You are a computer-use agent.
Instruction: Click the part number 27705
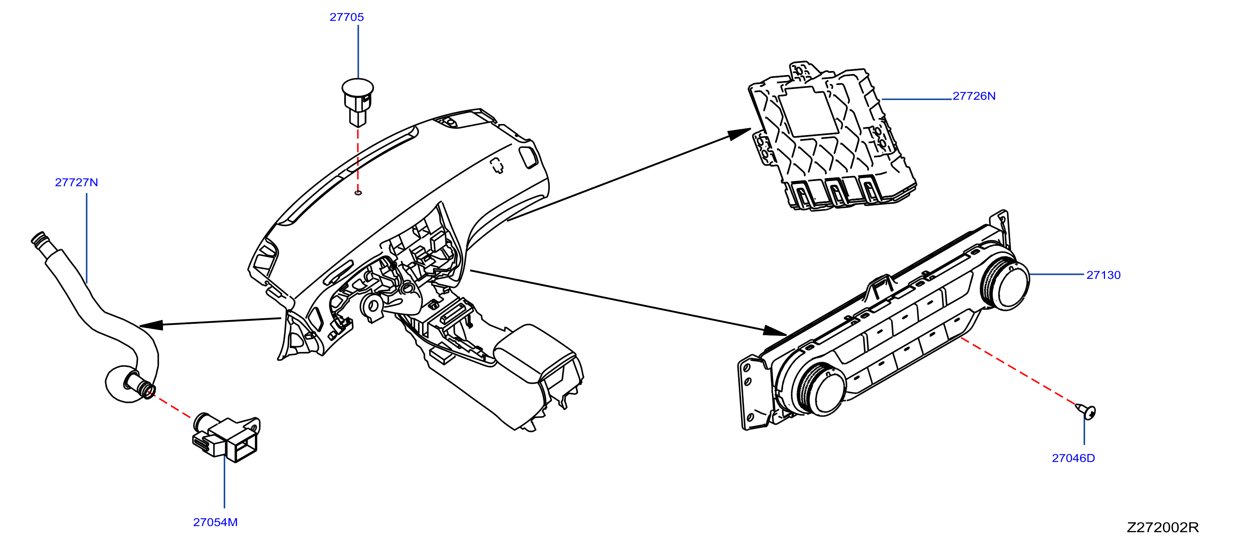click(x=346, y=17)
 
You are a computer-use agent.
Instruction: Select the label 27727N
click(x=77, y=182)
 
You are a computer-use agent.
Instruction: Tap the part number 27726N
click(x=974, y=96)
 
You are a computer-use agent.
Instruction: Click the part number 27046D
click(x=1073, y=458)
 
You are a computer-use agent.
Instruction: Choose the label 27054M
click(x=215, y=522)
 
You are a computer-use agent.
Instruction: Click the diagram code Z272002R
click(x=1163, y=527)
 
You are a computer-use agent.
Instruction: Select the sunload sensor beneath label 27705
click(x=358, y=102)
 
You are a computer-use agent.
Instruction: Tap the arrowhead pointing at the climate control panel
click(x=775, y=331)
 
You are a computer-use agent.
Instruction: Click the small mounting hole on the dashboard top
click(x=358, y=193)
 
